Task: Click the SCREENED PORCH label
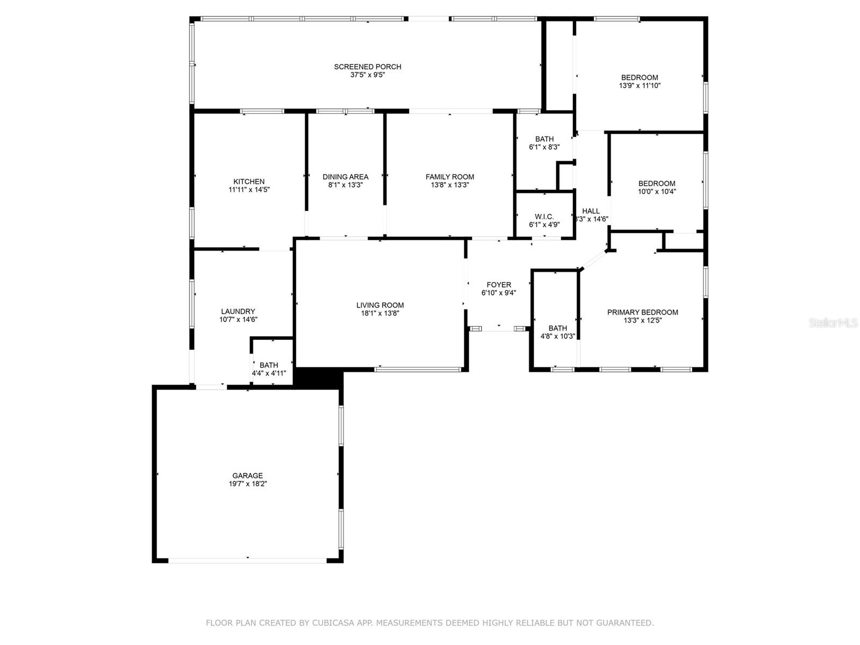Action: click(368, 67)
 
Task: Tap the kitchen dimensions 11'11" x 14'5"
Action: click(249, 190)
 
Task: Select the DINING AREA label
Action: click(346, 177)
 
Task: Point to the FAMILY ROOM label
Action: click(450, 177)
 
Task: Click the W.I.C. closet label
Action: click(544, 217)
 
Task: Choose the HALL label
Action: click(591, 211)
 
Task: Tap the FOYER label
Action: click(499, 285)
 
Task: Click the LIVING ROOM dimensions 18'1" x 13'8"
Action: click(380, 313)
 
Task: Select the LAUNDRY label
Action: click(238, 311)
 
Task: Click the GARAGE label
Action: click(248, 476)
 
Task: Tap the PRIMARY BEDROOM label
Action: click(642, 312)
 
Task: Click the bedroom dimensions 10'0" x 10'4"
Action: click(657, 191)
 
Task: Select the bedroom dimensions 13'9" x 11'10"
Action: click(640, 85)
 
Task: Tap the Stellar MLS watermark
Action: click(833, 323)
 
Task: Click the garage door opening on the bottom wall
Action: click(248, 560)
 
